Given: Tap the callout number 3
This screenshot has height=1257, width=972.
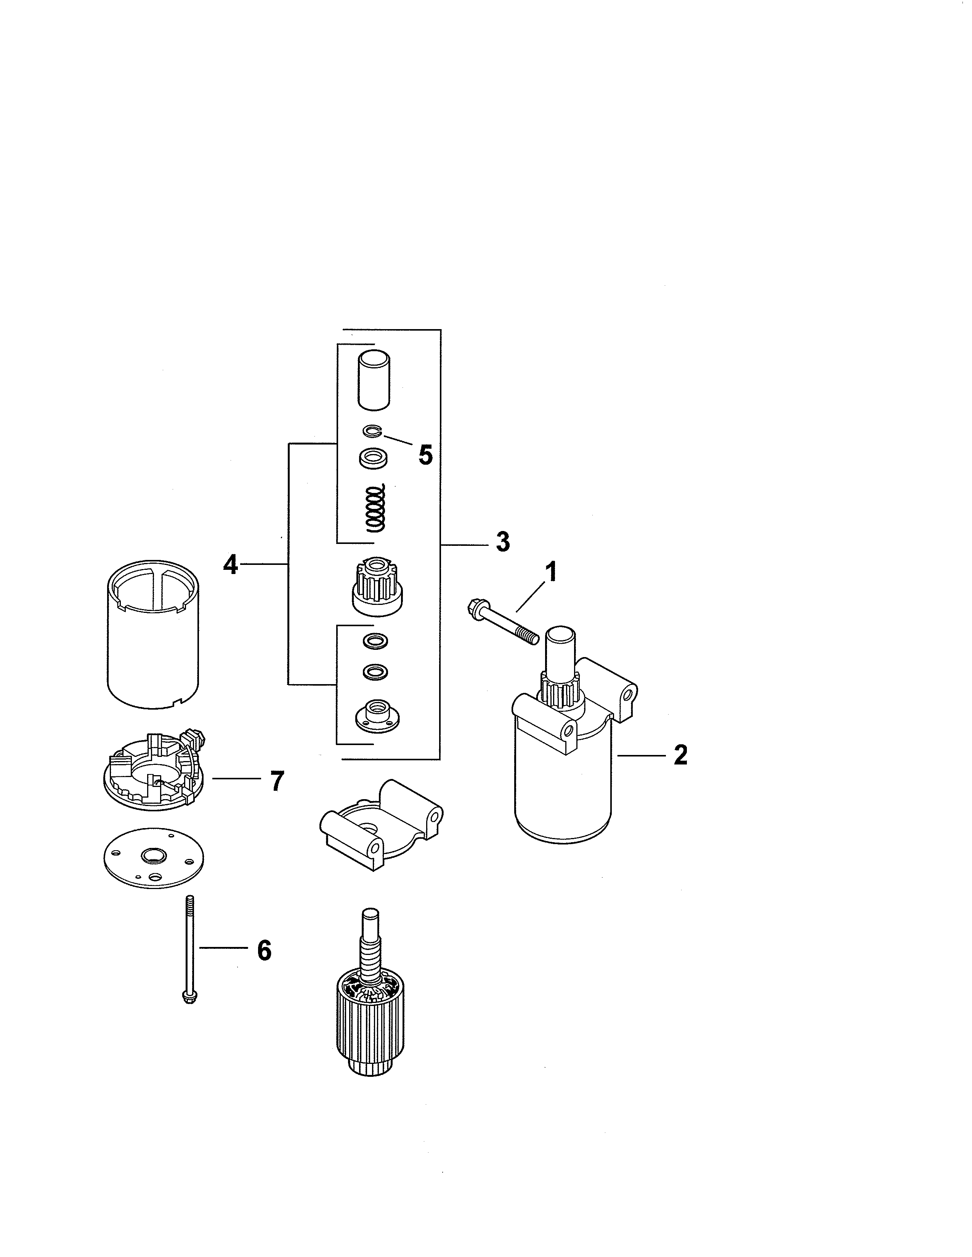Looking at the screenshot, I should [503, 542].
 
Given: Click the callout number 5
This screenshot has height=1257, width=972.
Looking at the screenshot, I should [425, 455].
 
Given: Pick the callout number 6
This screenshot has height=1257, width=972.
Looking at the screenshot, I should [264, 950].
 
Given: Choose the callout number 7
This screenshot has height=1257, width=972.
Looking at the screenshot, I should [277, 781].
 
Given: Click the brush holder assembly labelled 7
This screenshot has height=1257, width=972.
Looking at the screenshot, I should [154, 769].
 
